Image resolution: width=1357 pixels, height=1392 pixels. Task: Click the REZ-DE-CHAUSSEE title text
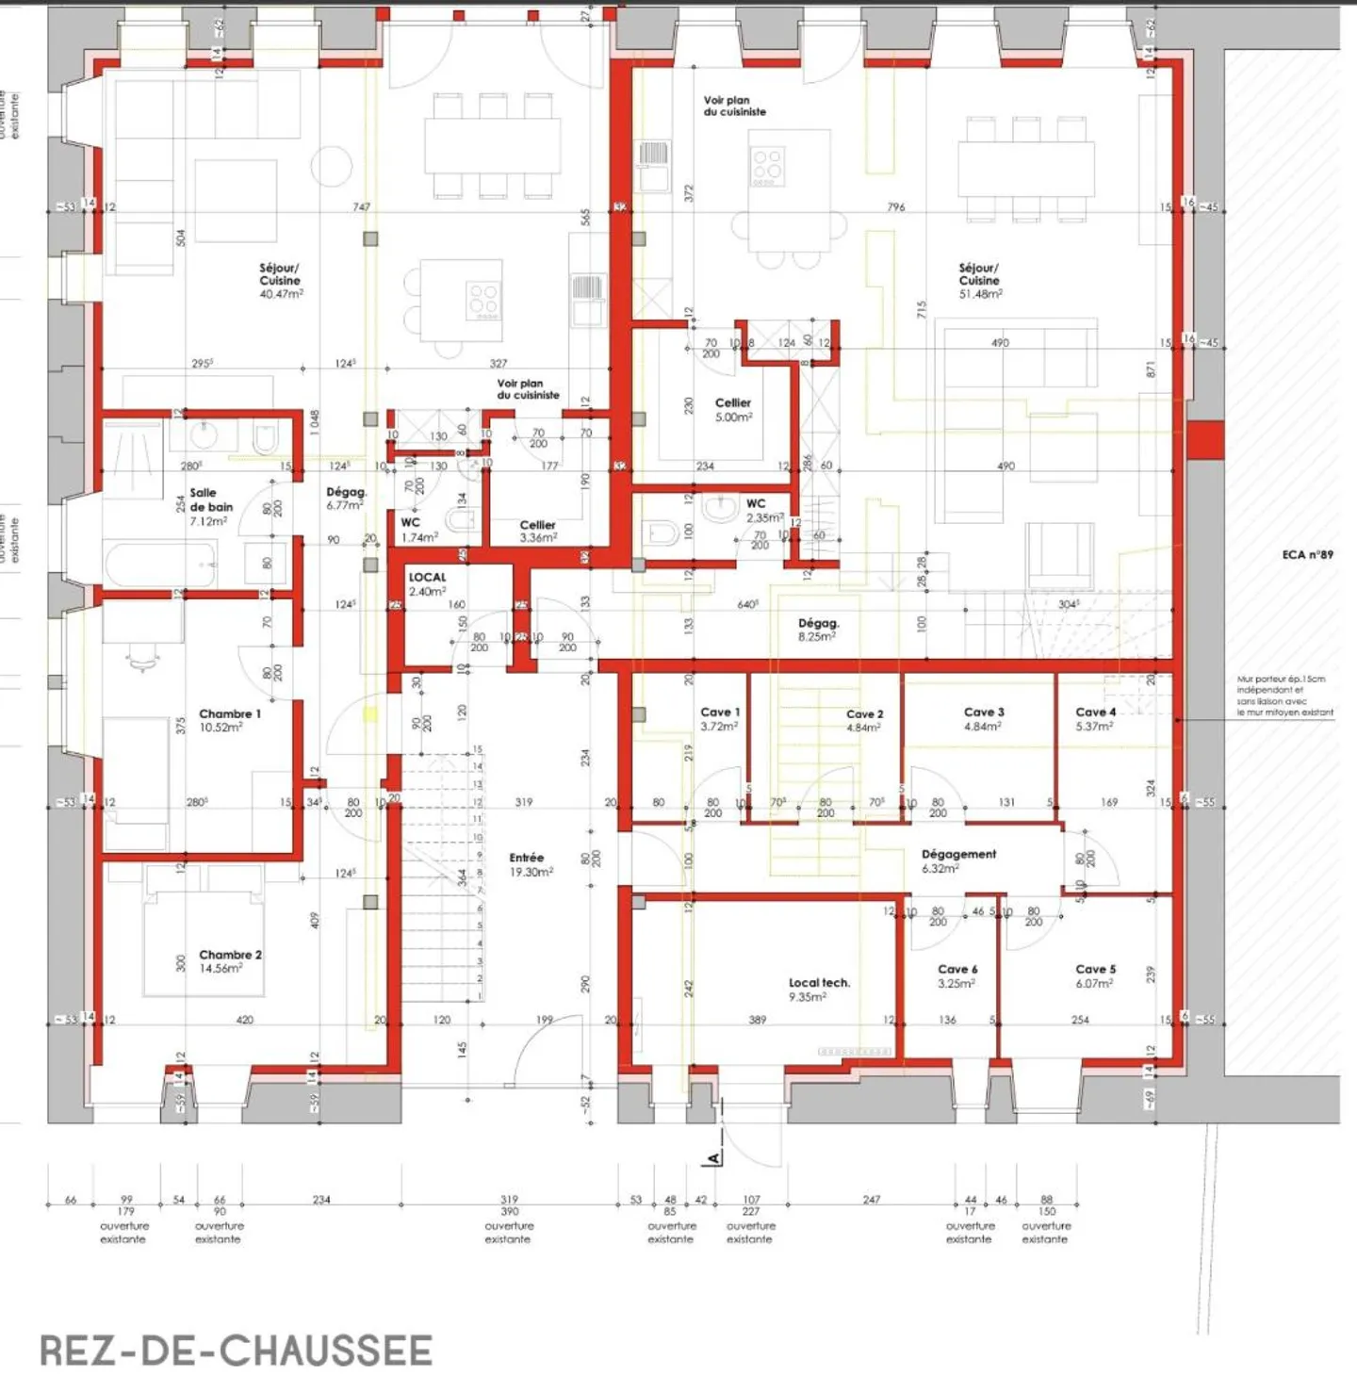pyautogui.click(x=236, y=1351)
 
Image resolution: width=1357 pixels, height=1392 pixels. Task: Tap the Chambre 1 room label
pyautogui.click(x=229, y=720)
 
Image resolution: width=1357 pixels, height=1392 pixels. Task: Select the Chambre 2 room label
pyautogui.click(x=229, y=961)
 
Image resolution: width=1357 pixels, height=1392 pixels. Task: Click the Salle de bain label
pyautogui.click(x=210, y=507)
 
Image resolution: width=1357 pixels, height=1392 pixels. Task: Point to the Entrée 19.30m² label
pyautogui.click(x=530, y=865)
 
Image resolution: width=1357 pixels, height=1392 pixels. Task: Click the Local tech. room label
pyautogui.click(x=818, y=989)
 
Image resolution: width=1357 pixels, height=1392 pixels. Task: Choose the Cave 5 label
pyautogui.click(x=1095, y=975)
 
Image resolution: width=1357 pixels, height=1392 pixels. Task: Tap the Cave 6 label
pyautogui.click(x=956, y=975)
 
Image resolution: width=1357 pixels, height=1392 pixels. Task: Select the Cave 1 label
pyautogui.click(x=720, y=719)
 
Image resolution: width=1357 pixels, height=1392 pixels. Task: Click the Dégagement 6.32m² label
pyautogui.click(x=957, y=860)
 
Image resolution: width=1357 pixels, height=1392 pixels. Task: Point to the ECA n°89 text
pyautogui.click(x=1307, y=554)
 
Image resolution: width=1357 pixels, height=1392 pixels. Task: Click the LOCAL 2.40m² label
pyautogui.click(x=427, y=584)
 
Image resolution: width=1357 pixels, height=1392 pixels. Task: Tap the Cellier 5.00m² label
pyautogui.click(x=732, y=409)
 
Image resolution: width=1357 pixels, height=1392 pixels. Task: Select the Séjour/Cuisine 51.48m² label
pyautogui.click(x=979, y=281)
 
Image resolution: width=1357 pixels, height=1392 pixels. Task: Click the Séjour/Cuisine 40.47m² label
pyautogui.click(x=280, y=281)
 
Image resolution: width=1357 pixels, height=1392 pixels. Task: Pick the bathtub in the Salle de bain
pyautogui.click(x=160, y=564)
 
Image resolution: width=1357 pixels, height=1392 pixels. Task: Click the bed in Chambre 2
pyautogui.click(x=203, y=942)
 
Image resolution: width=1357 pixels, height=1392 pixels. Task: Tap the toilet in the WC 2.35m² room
pyautogui.click(x=663, y=534)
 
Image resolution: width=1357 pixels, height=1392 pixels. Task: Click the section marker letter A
pyautogui.click(x=713, y=1157)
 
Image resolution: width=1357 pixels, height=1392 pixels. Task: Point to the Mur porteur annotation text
pyautogui.click(x=1283, y=696)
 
